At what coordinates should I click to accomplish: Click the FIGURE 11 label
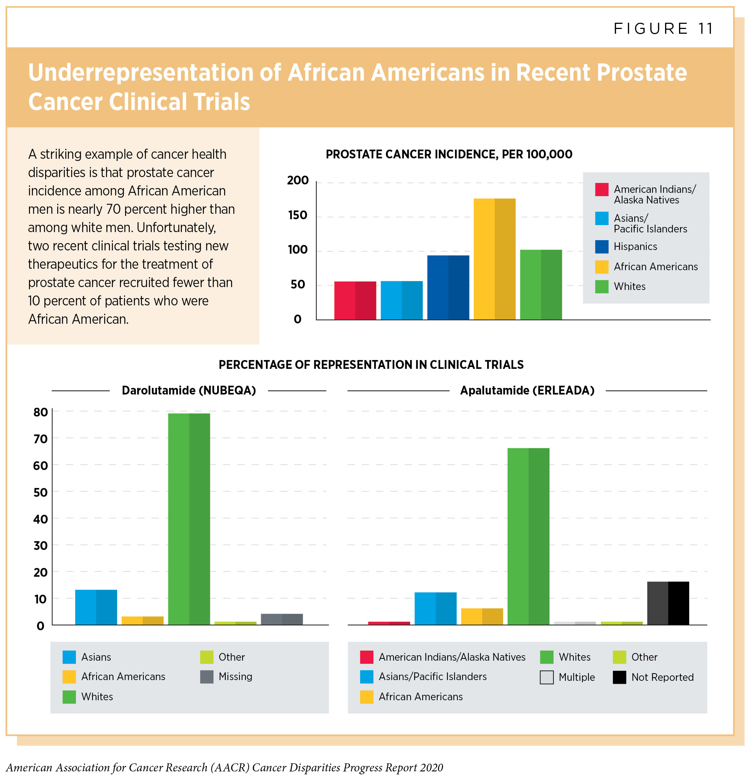pos(664,29)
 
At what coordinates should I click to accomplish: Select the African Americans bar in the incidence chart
pos(494,259)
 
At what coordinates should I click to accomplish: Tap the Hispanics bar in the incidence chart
pos(448,287)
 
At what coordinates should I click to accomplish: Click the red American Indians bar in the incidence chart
pos(355,301)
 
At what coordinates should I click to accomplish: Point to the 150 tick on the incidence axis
pos(297,216)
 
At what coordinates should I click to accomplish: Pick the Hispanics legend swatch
pos(602,247)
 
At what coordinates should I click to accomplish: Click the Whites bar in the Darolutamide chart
pos(189,519)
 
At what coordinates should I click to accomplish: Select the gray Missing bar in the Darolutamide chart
pos(282,619)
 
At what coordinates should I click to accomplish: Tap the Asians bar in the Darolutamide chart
pos(96,607)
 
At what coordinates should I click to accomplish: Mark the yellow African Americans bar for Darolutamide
pos(142,620)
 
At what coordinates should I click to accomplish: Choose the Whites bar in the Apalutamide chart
pos(528,536)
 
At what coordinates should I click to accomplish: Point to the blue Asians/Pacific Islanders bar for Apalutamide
pos(435,609)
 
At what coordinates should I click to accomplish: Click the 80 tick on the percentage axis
pos(40,412)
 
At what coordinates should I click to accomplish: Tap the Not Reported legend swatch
pos(619,677)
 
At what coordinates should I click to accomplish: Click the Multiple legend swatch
pos(547,677)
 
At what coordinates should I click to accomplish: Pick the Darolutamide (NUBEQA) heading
pos(189,390)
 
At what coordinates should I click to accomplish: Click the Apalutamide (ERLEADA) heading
pos(527,390)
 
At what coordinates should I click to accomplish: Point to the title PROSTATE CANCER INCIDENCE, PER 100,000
pos(449,154)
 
